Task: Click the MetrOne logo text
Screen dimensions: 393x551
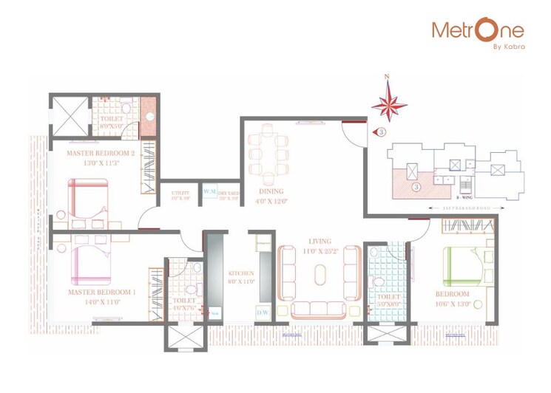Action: click(x=477, y=30)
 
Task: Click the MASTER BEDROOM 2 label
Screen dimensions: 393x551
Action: click(x=101, y=154)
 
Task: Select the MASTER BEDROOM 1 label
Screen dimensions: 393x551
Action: click(x=101, y=293)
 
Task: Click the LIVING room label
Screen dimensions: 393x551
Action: click(x=320, y=242)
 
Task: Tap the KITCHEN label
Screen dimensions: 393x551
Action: click(x=240, y=273)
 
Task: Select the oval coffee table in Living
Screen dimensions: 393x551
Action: click(x=320, y=275)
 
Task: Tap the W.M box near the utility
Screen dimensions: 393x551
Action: click(x=210, y=192)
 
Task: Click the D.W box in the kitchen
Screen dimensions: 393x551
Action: click(x=263, y=313)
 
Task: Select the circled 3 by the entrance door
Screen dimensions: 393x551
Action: click(x=381, y=132)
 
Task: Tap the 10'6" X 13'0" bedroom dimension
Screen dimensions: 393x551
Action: click(x=452, y=303)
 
